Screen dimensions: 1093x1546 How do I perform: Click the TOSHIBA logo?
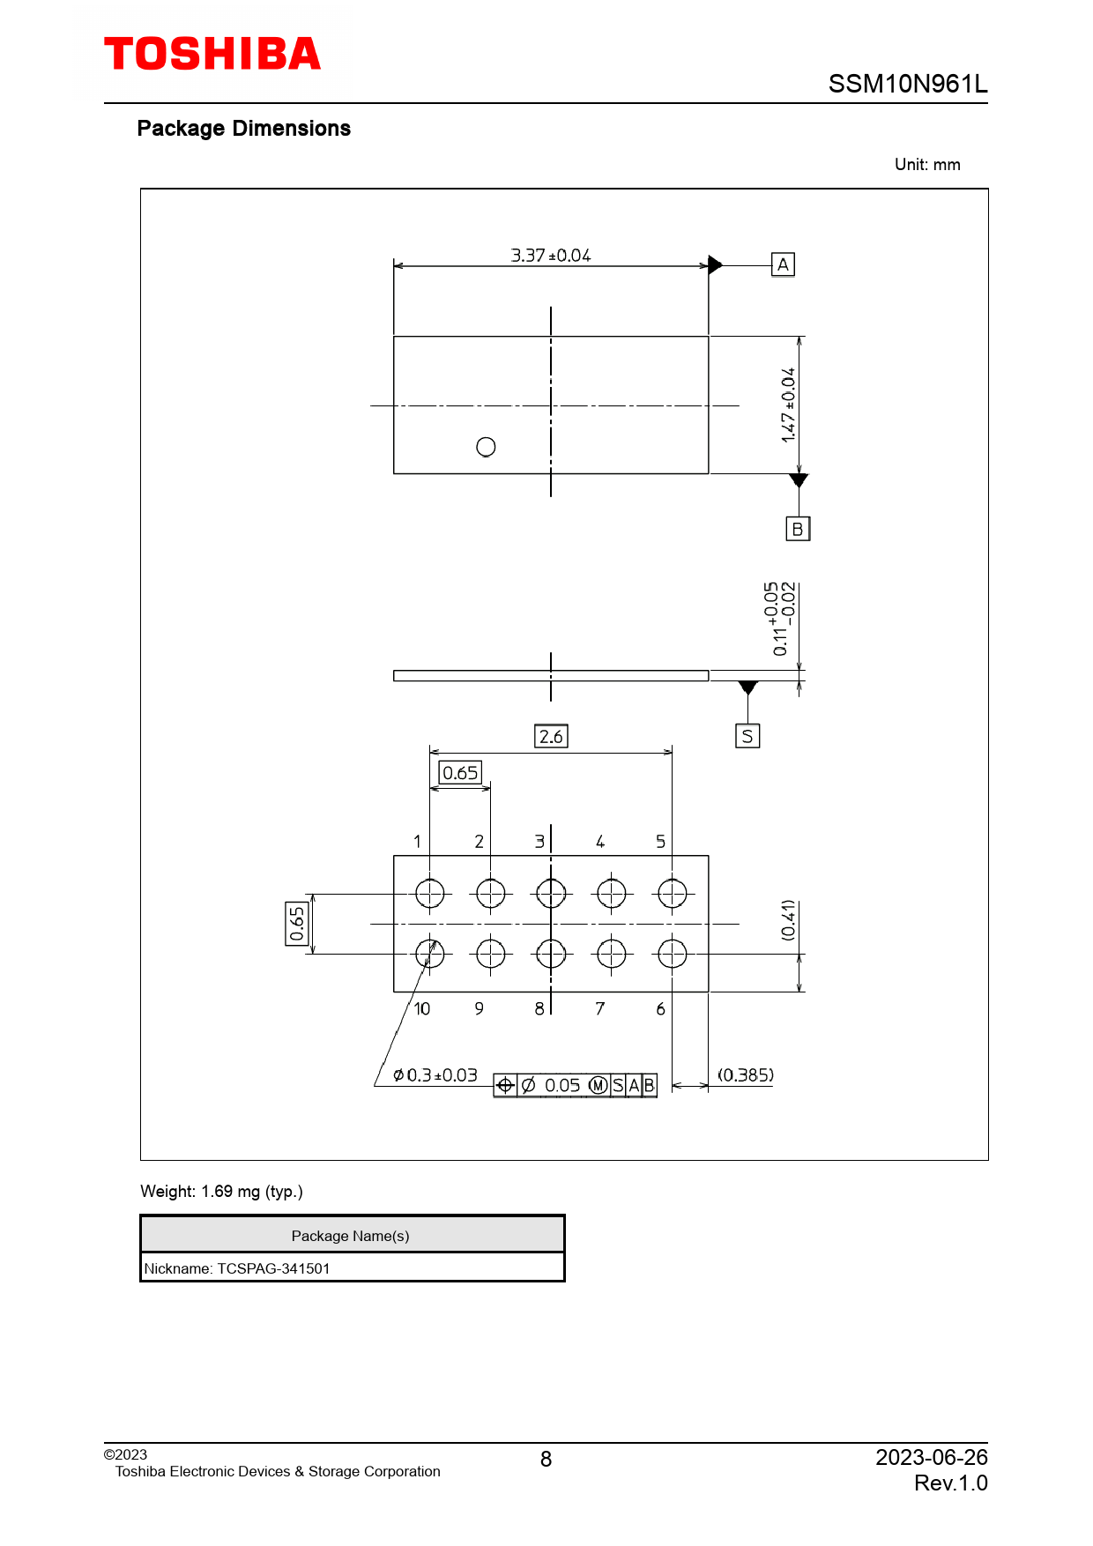pyautogui.click(x=212, y=54)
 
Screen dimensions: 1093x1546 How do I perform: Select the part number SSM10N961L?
pyautogui.click(x=908, y=84)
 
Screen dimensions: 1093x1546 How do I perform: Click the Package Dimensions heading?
pyautogui.click(x=244, y=129)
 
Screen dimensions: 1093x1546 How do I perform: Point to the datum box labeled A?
pyautogui.click(x=783, y=264)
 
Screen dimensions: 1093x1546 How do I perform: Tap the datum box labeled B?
pyautogui.click(x=798, y=529)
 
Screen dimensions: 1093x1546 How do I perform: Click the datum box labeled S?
pyautogui.click(x=747, y=736)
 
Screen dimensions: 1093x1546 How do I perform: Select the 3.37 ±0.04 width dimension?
pyautogui.click(x=551, y=256)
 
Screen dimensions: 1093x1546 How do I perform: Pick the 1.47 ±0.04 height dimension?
pyautogui.click(x=788, y=405)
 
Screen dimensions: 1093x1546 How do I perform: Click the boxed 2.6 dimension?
pyautogui.click(x=551, y=736)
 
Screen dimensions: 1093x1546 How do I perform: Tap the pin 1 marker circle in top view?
pyautogui.click(x=486, y=447)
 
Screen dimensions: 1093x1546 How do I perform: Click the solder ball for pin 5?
pyautogui.click(x=672, y=894)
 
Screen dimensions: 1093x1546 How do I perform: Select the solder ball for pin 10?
pyautogui.click(x=430, y=954)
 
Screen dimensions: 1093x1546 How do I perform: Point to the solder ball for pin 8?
pyautogui.click(x=551, y=954)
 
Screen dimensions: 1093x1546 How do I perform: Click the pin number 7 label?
pyautogui.click(x=600, y=1008)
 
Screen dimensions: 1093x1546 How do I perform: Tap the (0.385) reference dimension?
pyautogui.click(x=746, y=1075)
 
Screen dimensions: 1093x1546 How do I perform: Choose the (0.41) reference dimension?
pyautogui.click(x=788, y=920)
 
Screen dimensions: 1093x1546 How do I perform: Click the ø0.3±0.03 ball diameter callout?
pyautogui.click(x=435, y=1075)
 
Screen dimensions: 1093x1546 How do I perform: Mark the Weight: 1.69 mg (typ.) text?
pyautogui.click(x=221, y=1192)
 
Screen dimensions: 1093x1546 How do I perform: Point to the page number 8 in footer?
pyautogui.click(x=546, y=1460)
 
